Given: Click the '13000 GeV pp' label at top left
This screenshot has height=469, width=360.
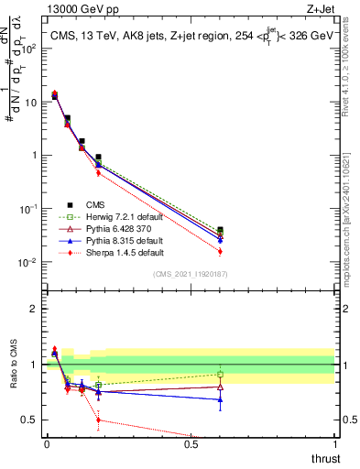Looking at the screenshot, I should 81,10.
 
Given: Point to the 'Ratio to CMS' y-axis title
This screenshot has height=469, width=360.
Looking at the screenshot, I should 14,366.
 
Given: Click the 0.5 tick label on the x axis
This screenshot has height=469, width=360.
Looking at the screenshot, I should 191,444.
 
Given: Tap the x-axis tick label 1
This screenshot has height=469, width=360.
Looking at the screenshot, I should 335,444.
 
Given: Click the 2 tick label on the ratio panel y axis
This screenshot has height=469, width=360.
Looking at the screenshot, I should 34,309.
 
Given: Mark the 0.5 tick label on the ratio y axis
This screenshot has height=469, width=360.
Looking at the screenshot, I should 29,420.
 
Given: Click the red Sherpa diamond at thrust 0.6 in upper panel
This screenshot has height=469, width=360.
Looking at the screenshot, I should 220,251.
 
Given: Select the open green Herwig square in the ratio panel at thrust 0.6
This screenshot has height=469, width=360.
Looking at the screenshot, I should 220,374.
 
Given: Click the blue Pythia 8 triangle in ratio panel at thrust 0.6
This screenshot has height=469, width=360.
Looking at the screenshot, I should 220,399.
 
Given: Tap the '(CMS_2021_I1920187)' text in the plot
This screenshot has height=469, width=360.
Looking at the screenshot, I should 191,273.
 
